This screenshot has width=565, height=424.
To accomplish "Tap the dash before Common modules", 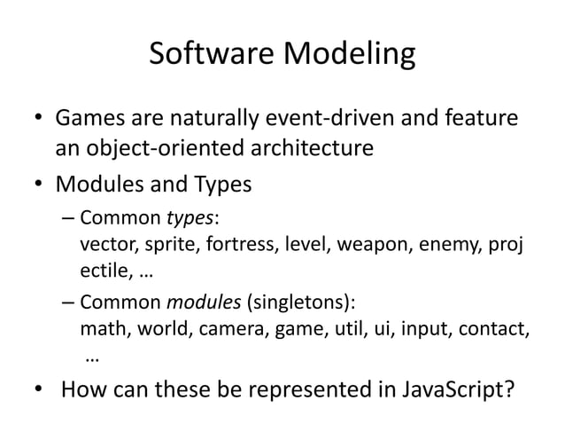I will click(67, 300).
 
